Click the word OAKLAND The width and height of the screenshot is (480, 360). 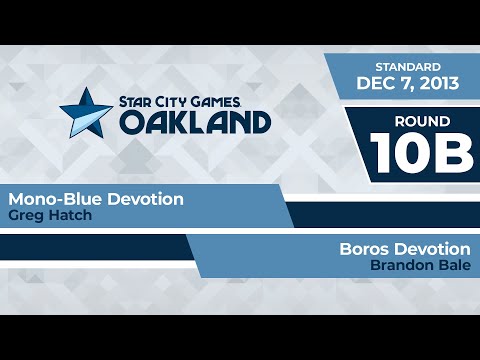pyautogui.click(x=196, y=121)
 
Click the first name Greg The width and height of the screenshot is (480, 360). pyautogui.click(x=23, y=215)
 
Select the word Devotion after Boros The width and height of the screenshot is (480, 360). pyautogui.click(x=432, y=248)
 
